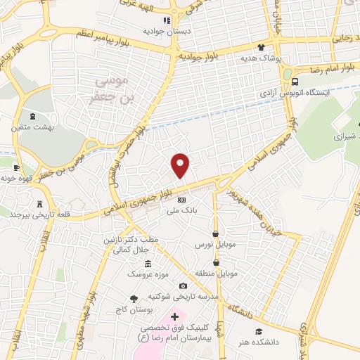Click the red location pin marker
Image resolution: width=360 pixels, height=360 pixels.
[181, 165]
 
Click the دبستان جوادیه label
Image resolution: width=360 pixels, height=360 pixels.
[164, 32]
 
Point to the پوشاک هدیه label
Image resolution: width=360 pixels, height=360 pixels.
[261, 59]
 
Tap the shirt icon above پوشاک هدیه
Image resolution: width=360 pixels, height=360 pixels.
[262, 48]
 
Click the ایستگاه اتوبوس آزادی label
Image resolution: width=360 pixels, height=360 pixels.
[288, 92]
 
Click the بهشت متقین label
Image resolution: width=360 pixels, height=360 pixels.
[31, 128]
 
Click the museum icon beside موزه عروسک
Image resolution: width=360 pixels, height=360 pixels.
[148, 263]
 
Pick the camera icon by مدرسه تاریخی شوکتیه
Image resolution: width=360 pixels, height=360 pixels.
[184, 285]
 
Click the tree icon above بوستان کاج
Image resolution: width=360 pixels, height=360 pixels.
[134, 299]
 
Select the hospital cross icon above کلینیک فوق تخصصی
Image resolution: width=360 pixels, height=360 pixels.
[175, 318]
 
